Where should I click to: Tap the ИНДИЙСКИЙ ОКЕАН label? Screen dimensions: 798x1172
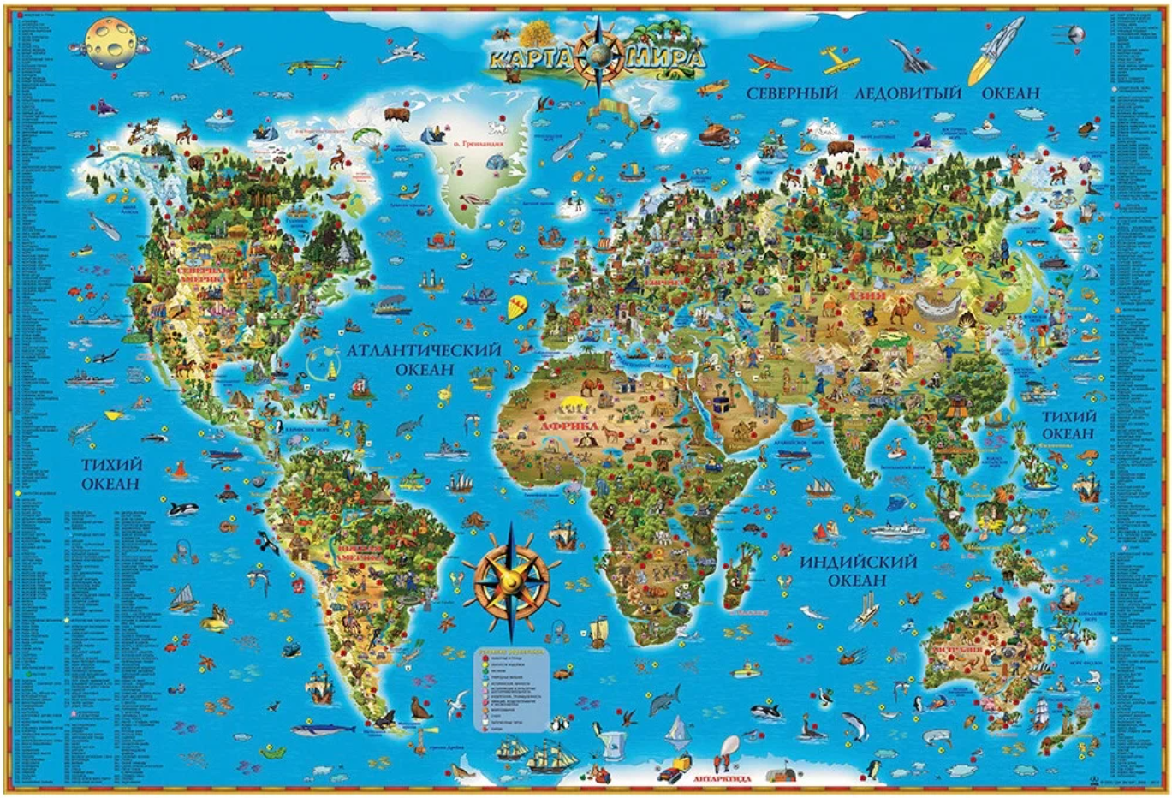coord(859,570)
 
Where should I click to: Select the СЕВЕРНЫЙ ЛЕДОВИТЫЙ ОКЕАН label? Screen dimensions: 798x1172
coord(893,93)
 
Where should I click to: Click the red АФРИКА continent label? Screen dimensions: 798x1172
coord(568,426)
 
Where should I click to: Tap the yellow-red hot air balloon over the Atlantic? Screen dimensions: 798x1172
coord(516,307)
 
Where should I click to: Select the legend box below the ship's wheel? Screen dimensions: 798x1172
coord(512,689)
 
